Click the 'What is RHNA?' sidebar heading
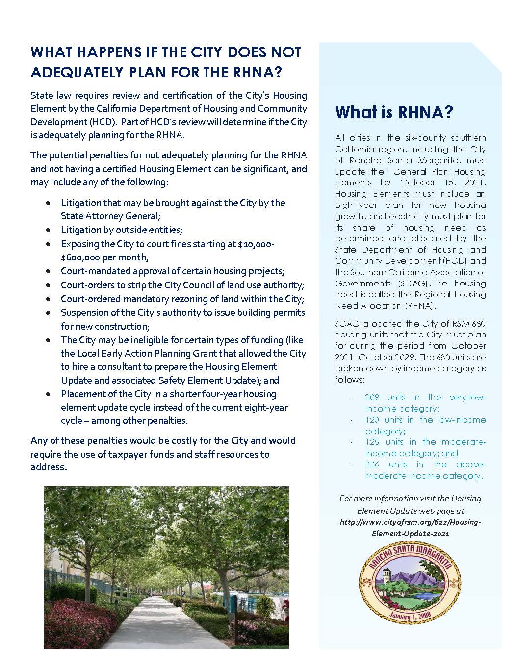point(394,112)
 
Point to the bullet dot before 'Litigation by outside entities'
point(48,230)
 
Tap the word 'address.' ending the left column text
point(49,467)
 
